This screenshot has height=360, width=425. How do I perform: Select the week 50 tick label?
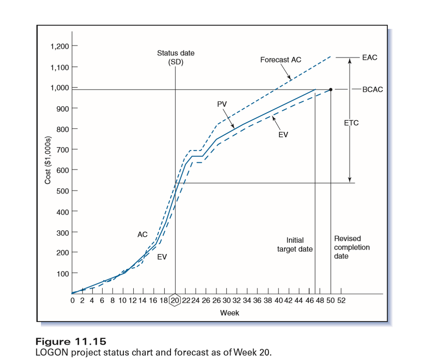pyautogui.click(x=330, y=301)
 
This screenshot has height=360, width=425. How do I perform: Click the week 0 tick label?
pyautogui.click(x=73, y=301)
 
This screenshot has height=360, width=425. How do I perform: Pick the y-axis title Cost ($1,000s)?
pyautogui.click(x=48, y=160)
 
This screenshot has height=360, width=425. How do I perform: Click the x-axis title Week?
pyautogui.click(x=229, y=313)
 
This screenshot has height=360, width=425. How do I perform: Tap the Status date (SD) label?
pyautogui.click(x=176, y=58)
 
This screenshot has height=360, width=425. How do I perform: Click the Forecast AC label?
pyautogui.click(x=281, y=60)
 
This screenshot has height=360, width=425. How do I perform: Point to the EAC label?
pyautogui.click(x=370, y=57)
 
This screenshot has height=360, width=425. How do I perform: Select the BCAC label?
pyautogui.click(x=372, y=89)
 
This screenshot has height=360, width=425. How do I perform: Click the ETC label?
pyautogui.click(x=351, y=123)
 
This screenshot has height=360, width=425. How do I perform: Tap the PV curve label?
pyautogui.click(x=222, y=104)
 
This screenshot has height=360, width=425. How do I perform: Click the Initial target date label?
pyautogui.click(x=295, y=245)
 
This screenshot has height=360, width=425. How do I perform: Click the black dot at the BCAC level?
pyautogui.click(x=331, y=90)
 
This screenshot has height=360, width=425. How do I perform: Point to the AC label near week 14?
pyautogui.click(x=142, y=235)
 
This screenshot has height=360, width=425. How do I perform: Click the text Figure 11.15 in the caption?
pyautogui.click(x=71, y=342)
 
